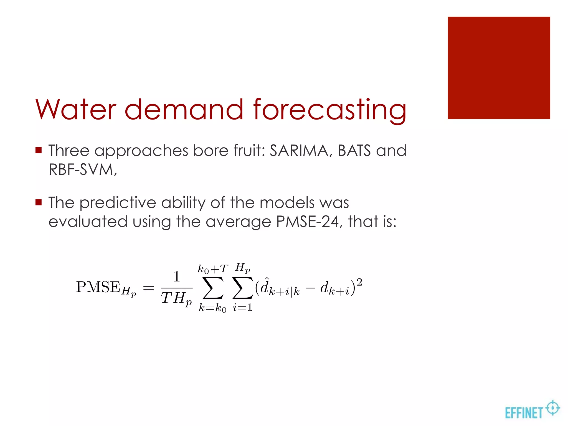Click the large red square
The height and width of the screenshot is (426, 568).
coord(499,68)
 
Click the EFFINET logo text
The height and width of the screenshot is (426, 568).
coord(523,413)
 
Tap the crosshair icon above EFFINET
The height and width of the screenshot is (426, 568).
coord(552,408)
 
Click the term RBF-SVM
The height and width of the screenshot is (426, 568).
coord(82,169)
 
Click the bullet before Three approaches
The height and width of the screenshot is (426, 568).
coord(39,151)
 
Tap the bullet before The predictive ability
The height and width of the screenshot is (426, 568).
coord(39,202)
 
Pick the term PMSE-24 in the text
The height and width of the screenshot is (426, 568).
coord(308,222)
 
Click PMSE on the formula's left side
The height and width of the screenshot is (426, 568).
coord(98,287)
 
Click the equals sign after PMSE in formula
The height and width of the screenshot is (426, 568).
coord(148,288)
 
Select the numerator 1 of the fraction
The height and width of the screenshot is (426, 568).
coord(177,277)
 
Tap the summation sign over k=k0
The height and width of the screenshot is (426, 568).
coord(213,288)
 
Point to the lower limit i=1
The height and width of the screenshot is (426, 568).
coord(243,307)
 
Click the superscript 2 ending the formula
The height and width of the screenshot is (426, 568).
coord(359,282)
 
